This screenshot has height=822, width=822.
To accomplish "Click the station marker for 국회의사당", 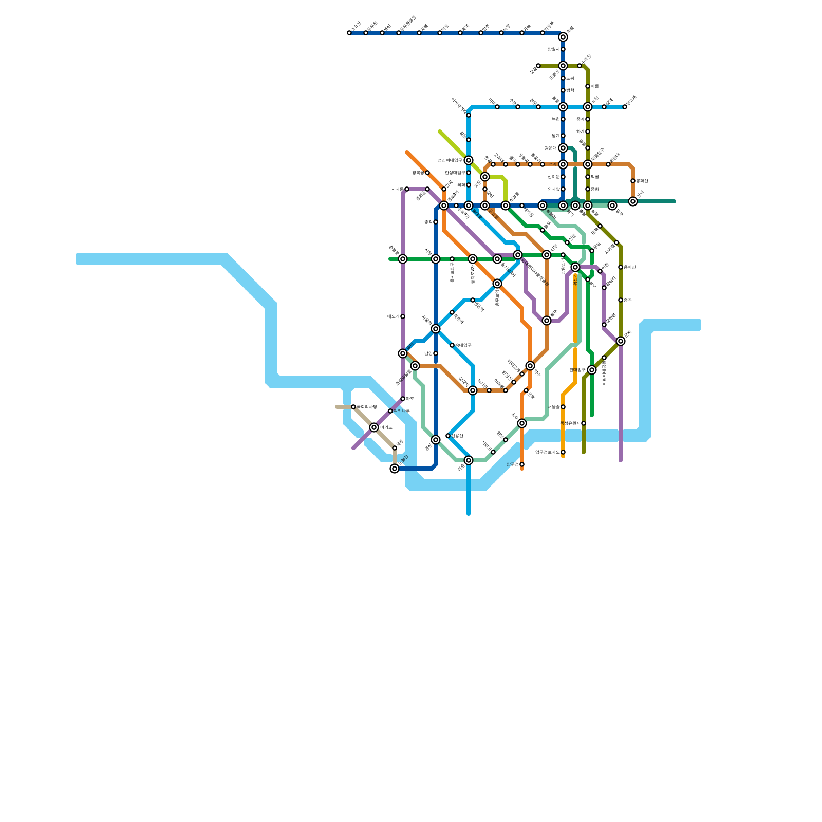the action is (353, 407).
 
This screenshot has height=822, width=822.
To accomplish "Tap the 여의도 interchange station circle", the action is (374, 427).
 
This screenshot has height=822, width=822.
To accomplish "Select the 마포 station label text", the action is (410, 399).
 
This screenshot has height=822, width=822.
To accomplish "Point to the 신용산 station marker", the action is (448, 436).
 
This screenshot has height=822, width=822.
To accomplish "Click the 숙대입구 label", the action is (463, 345).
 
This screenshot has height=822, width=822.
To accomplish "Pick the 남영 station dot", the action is (436, 353).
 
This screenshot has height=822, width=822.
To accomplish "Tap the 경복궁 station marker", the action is (427, 173).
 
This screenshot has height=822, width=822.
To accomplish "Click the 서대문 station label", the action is (397, 189).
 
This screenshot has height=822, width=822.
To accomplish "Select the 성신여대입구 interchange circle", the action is (469, 160).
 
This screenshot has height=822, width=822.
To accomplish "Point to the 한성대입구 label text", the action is (455, 173).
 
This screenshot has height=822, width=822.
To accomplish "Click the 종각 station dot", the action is (436, 222).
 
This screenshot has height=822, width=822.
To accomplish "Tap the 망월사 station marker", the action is (563, 49).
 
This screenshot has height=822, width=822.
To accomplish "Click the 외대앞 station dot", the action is (563, 189).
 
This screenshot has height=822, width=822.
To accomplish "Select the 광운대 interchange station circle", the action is (563, 148).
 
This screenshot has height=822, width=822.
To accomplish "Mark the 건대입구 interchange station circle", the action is (592, 370).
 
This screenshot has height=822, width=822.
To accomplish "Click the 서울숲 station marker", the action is (563, 407).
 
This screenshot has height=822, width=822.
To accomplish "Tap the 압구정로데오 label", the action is (547, 452).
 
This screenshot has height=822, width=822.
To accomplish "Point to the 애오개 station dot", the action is (403, 316).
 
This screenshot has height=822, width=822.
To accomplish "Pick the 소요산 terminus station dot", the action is (349, 33).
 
